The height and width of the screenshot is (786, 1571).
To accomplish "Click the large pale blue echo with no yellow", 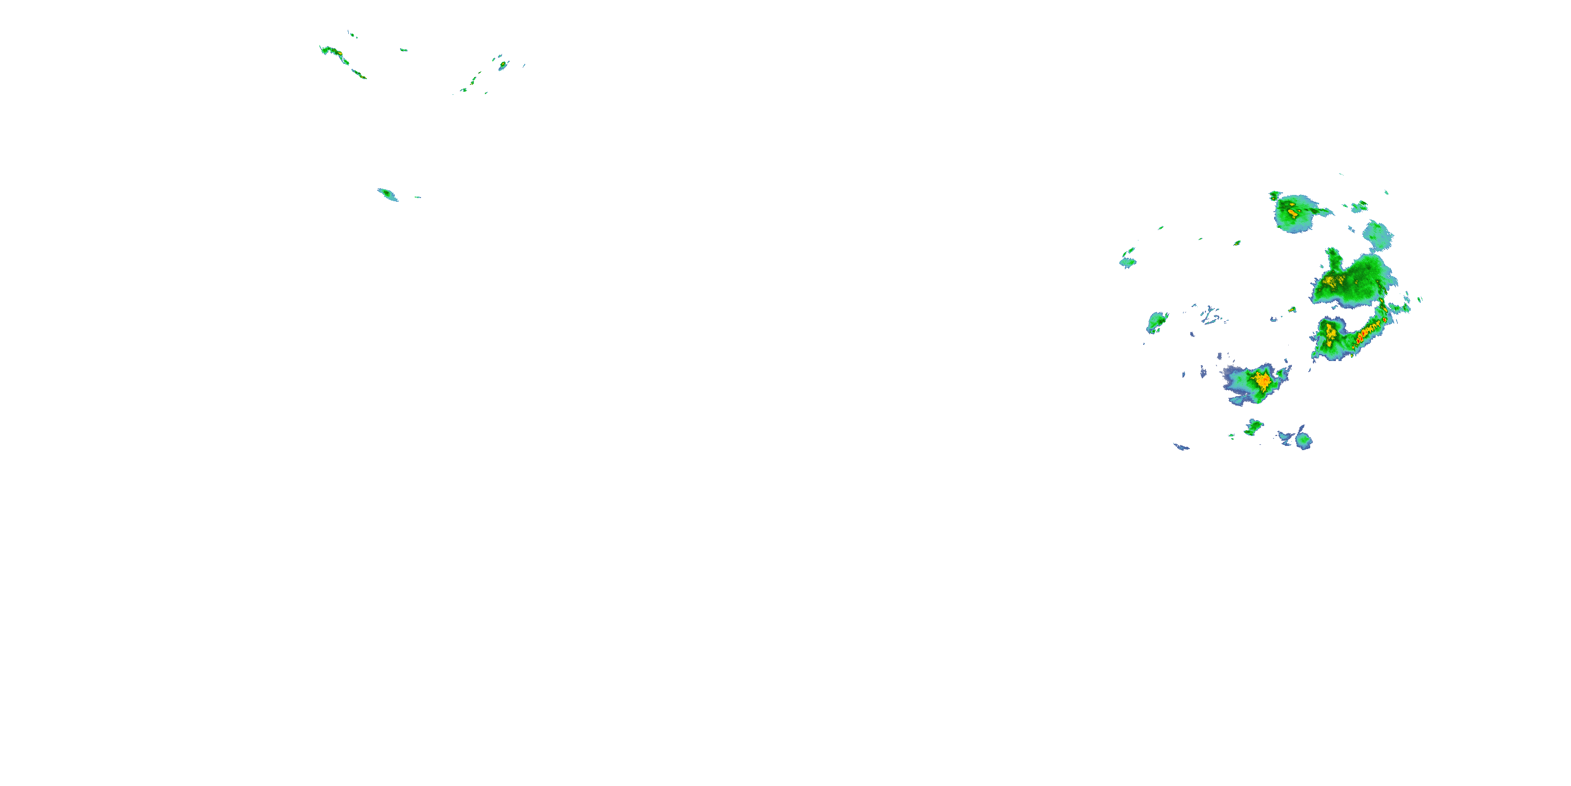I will tap(1377, 235).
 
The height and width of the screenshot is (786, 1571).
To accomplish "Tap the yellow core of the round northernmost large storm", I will tap(1293, 213).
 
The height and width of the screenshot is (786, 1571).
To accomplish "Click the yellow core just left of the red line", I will tap(1330, 333).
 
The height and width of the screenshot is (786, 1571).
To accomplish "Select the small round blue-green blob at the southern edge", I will tap(1303, 440).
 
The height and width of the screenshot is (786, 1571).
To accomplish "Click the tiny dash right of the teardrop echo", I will tap(418, 197).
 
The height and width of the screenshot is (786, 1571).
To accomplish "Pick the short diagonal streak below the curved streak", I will tap(359, 74).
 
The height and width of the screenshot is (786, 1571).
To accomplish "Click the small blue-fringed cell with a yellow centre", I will tap(503, 64).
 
